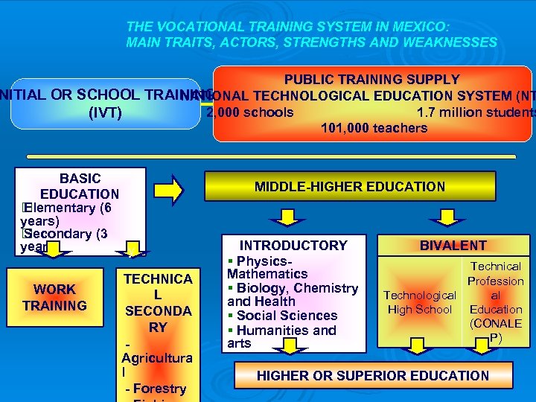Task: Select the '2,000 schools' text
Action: (x=249, y=113)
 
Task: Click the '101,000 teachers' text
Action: (x=374, y=128)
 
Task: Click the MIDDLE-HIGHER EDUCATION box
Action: (x=349, y=187)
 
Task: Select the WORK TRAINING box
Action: (x=54, y=298)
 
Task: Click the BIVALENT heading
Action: (x=453, y=246)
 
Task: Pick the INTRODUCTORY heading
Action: (x=293, y=246)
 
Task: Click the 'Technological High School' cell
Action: (x=420, y=302)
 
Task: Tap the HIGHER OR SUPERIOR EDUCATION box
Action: (x=373, y=376)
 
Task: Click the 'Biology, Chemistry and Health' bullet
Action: (x=293, y=295)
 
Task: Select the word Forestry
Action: (x=159, y=388)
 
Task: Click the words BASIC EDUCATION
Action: (x=80, y=186)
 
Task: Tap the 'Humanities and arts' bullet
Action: (x=282, y=336)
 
